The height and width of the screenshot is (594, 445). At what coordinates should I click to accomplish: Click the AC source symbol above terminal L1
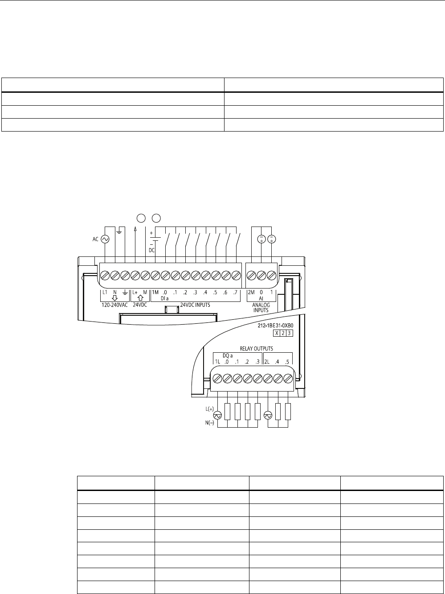click(106, 239)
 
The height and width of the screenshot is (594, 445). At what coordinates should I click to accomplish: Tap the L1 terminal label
click(105, 293)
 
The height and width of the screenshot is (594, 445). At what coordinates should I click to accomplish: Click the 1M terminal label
click(155, 293)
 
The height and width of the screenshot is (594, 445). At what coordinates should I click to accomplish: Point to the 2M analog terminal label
click(251, 293)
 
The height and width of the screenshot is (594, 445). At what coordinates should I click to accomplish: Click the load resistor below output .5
click(288, 411)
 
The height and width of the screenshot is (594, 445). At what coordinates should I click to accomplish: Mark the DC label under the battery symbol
click(151, 250)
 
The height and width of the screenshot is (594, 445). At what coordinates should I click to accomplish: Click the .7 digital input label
click(235, 293)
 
